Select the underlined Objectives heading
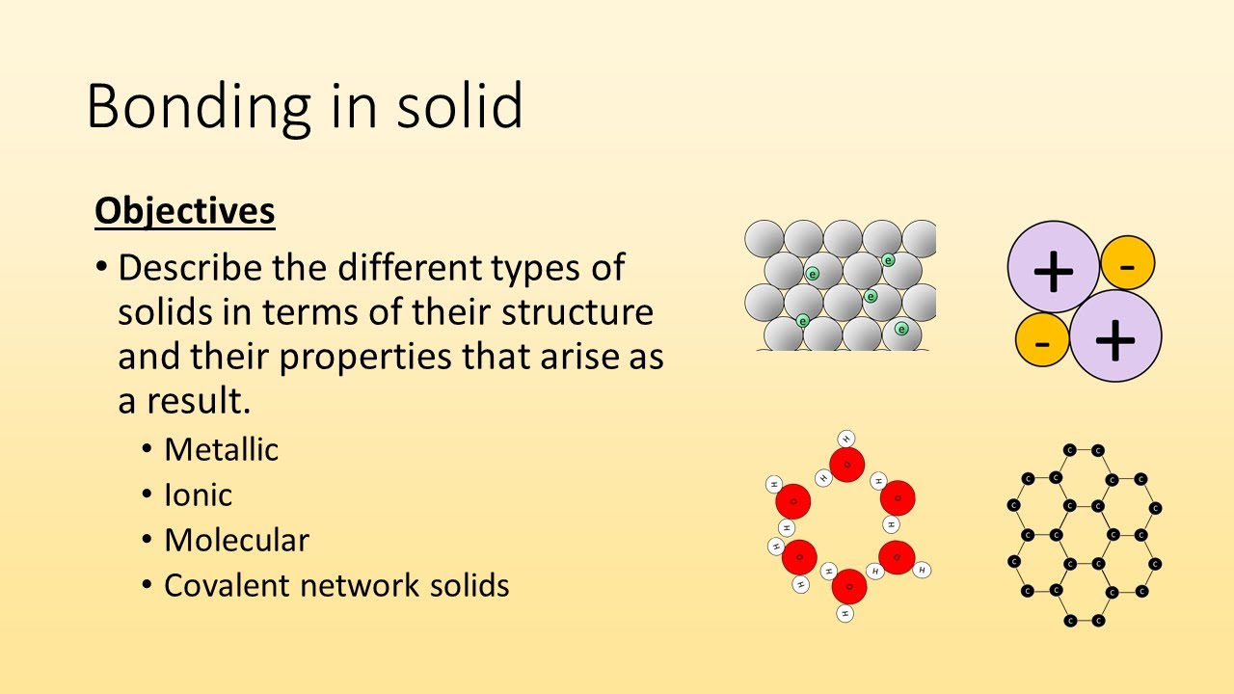(x=184, y=211)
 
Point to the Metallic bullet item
(x=221, y=449)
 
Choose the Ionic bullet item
(x=198, y=494)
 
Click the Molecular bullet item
(x=236, y=540)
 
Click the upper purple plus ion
(x=1053, y=267)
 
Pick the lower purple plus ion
(x=1115, y=336)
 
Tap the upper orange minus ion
(x=1127, y=262)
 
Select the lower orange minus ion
(x=1042, y=342)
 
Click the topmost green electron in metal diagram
(x=888, y=259)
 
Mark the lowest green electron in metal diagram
(x=901, y=329)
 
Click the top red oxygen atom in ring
(x=846, y=465)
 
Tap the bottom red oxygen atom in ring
(x=848, y=586)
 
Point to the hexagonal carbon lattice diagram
(x=1084, y=535)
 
